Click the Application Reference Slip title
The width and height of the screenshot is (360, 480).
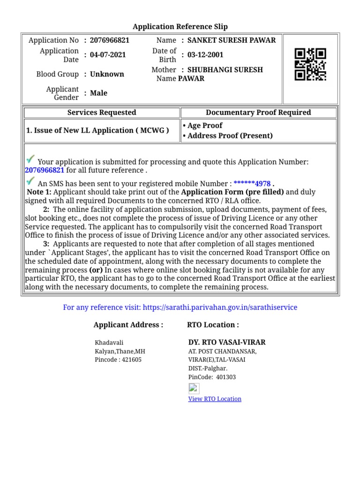point(180,27)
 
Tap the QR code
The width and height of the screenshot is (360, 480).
point(310,65)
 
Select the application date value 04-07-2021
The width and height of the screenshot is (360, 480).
point(108,55)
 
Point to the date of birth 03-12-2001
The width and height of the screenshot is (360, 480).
point(205,55)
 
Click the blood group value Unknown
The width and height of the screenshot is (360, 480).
point(107,74)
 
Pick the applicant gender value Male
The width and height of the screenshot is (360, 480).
point(98,93)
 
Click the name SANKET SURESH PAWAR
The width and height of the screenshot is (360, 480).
point(232,40)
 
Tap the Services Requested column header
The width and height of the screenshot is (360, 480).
point(102,112)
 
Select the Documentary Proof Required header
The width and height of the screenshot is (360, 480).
point(258,112)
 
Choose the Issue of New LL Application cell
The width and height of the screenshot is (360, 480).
point(97,131)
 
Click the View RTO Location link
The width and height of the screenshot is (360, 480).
point(215,399)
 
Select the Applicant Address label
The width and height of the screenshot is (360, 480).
point(128,325)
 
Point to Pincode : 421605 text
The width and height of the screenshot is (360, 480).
point(118,360)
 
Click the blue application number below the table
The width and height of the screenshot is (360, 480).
point(45,170)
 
